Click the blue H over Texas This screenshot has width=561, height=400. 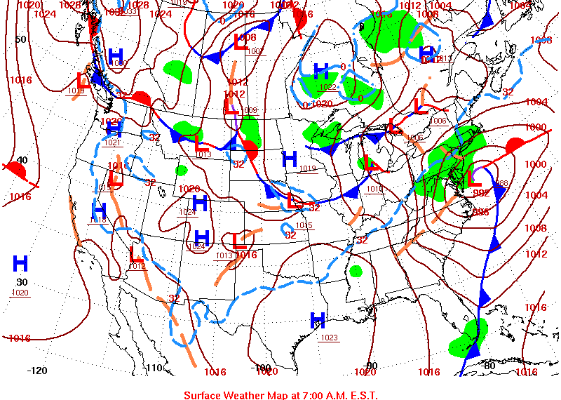click(x=318, y=321)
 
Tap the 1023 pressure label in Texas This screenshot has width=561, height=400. click(x=329, y=338)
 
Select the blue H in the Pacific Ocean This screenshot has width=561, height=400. click(x=20, y=264)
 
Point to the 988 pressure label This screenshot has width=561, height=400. click(x=501, y=184)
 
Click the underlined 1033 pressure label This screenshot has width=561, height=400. click(x=130, y=12)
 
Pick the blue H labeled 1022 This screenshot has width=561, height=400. click(x=321, y=71)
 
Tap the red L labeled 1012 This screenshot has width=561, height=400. click(x=136, y=254)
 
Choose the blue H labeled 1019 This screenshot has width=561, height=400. click(x=290, y=159)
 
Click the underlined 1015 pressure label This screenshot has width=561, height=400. click(x=304, y=225)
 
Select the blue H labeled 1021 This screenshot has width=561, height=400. click(x=114, y=130)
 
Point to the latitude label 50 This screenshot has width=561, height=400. click(x=20, y=39)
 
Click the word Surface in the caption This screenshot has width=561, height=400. click(x=204, y=395)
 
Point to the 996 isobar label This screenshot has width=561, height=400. click(x=480, y=211)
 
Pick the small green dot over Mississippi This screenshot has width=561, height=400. click(x=356, y=271)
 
